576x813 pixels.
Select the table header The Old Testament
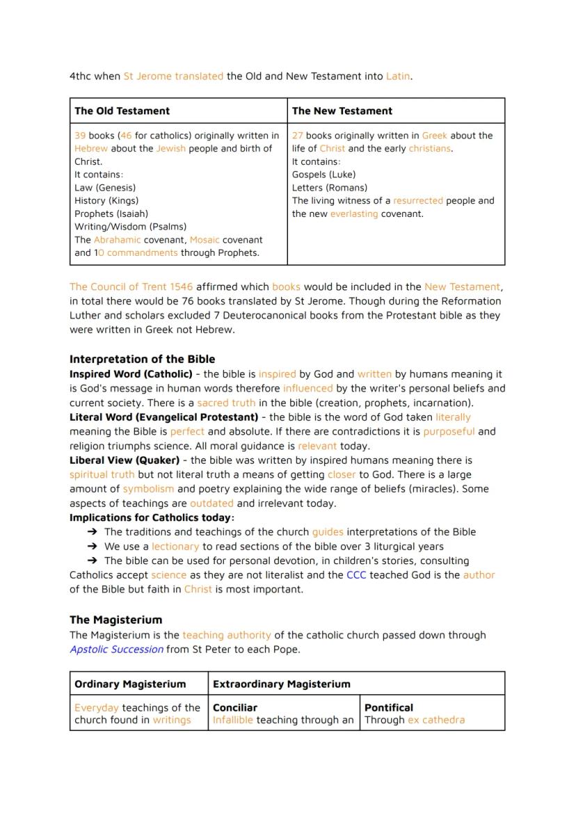click(x=122, y=111)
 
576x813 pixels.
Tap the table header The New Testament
click(x=342, y=111)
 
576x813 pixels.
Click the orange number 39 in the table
click(x=80, y=136)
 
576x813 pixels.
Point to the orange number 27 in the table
click(x=298, y=136)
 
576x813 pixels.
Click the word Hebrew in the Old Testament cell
click(x=91, y=149)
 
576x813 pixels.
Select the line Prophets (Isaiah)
click(x=111, y=214)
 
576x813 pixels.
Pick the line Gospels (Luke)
click(x=323, y=175)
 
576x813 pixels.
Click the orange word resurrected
click(x=418, y=200)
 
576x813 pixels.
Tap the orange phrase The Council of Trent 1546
click(x=131, y=287)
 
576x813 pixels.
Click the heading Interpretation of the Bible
click(x=142, y=360)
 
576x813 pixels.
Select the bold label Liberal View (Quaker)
click(x=124, y=460)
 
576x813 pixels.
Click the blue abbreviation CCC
click(x=356, y=575)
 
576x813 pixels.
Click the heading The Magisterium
click(x=115, y=620)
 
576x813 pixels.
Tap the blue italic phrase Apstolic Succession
click(x=116, y=650)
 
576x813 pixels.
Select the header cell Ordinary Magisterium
click(x=130, y=684)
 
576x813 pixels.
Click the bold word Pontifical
click(x=389, y=707)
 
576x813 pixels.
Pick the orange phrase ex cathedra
click(x=436, y=720)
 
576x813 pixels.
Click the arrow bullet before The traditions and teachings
click(x=92, y=532)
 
